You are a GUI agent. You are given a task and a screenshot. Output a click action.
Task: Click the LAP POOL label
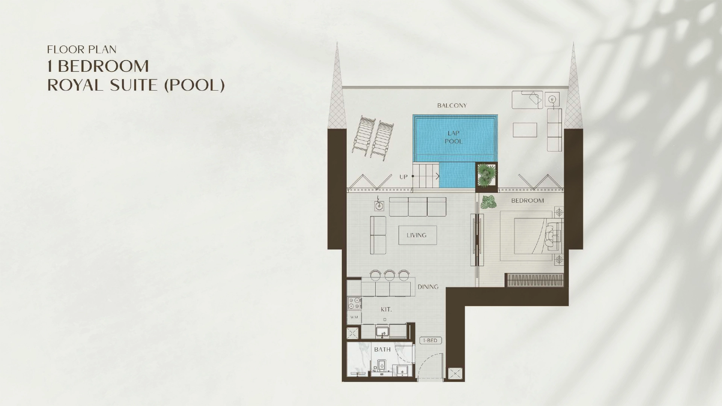[454, 137]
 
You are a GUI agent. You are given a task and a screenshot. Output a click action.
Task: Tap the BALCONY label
[452, 106]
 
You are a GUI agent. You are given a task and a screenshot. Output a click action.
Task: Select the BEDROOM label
[528, 201]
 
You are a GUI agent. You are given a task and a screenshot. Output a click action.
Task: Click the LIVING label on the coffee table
[417, 235]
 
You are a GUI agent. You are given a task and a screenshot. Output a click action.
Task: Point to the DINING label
[428, 287]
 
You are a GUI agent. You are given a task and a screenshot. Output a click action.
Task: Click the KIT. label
[386, 309]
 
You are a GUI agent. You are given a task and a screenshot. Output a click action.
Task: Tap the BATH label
[382, 350]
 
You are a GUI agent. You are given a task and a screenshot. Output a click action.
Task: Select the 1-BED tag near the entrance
[430, 341]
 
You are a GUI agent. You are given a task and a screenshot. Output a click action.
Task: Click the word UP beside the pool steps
[403, 177]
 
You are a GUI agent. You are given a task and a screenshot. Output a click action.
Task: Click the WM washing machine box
[354, 317]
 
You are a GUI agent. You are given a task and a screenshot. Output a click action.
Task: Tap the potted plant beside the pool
[487, 174]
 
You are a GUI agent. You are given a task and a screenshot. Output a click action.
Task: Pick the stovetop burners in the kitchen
[354, 304]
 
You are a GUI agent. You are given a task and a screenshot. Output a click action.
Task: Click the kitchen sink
[383, 332]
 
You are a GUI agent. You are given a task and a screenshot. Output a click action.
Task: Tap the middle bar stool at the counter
[389, 275]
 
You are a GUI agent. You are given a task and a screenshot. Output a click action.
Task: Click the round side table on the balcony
[552, 100]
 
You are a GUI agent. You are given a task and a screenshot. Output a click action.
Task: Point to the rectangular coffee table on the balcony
[525, 130]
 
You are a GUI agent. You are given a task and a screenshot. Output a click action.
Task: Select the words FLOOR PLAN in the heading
[82, 49]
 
